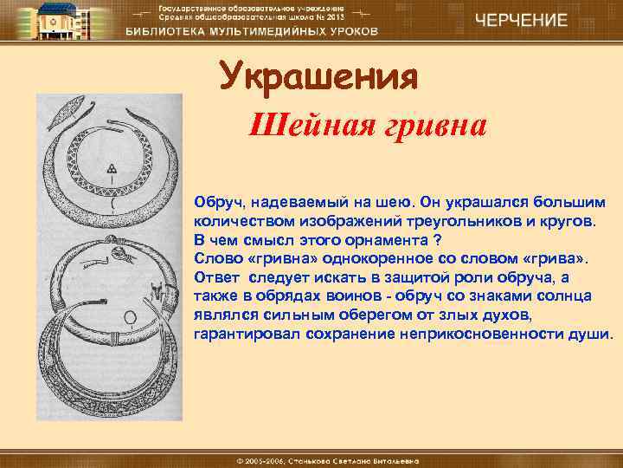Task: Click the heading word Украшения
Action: pos(318,78)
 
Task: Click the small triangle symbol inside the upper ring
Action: pos(111,167)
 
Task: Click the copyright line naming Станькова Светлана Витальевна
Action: pos(311,458)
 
